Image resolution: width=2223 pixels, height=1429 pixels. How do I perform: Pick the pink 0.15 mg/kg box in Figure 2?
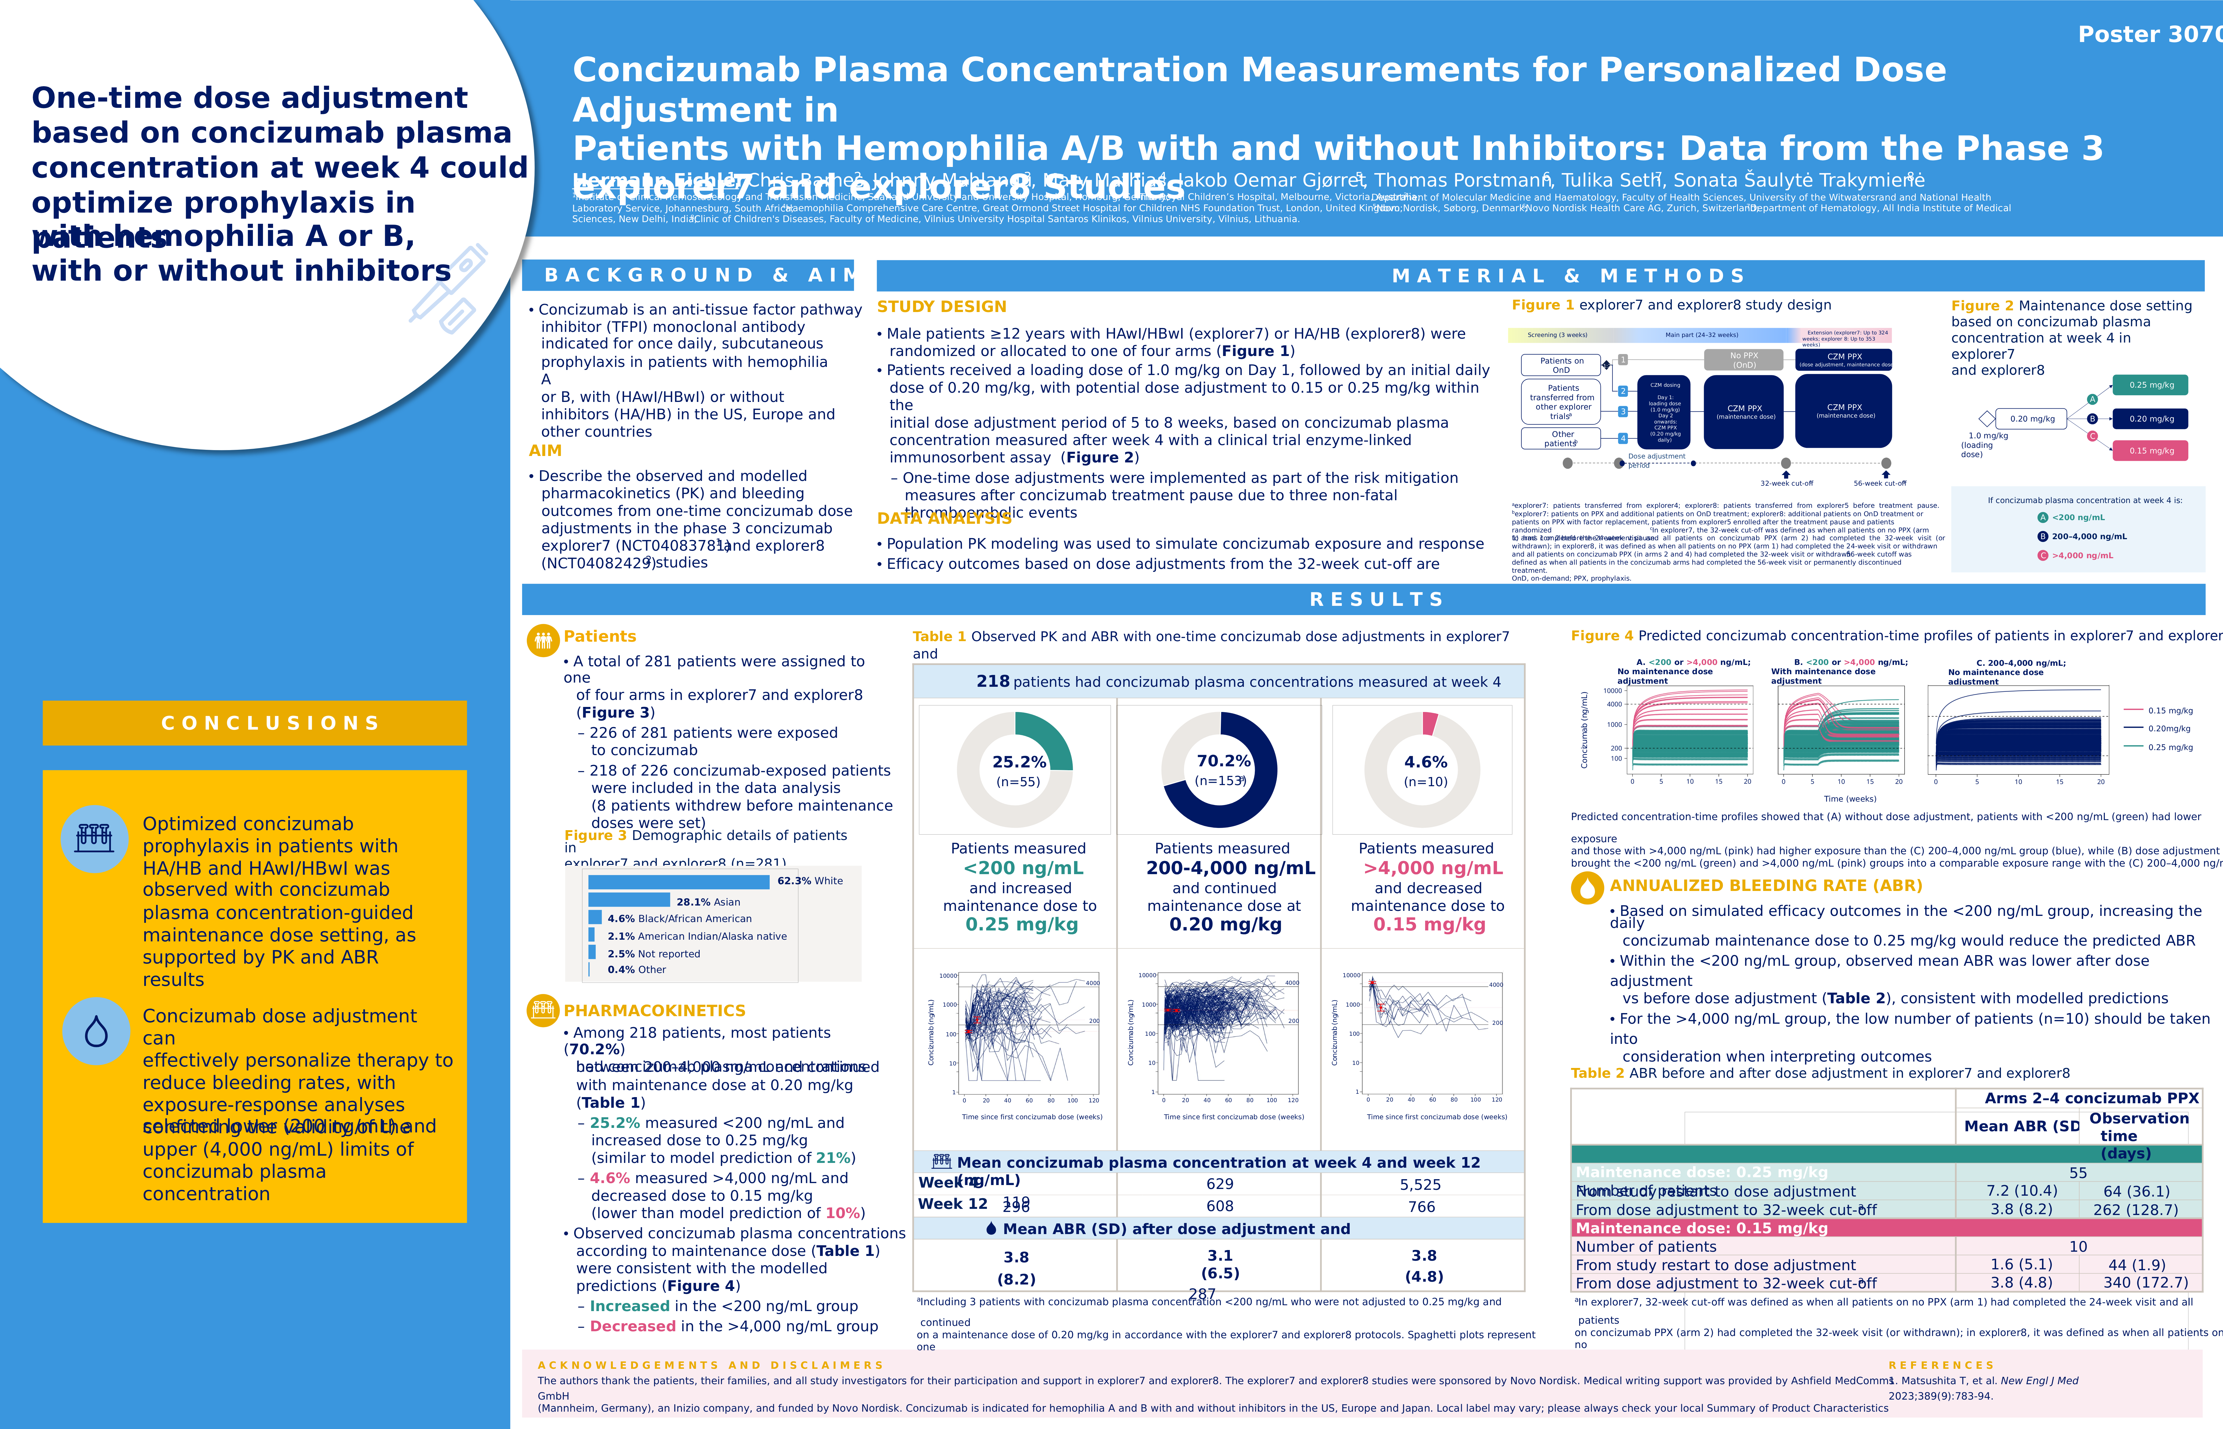[2151, 451]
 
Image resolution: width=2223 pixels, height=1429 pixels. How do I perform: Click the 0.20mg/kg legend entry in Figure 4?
[2168, 729]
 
